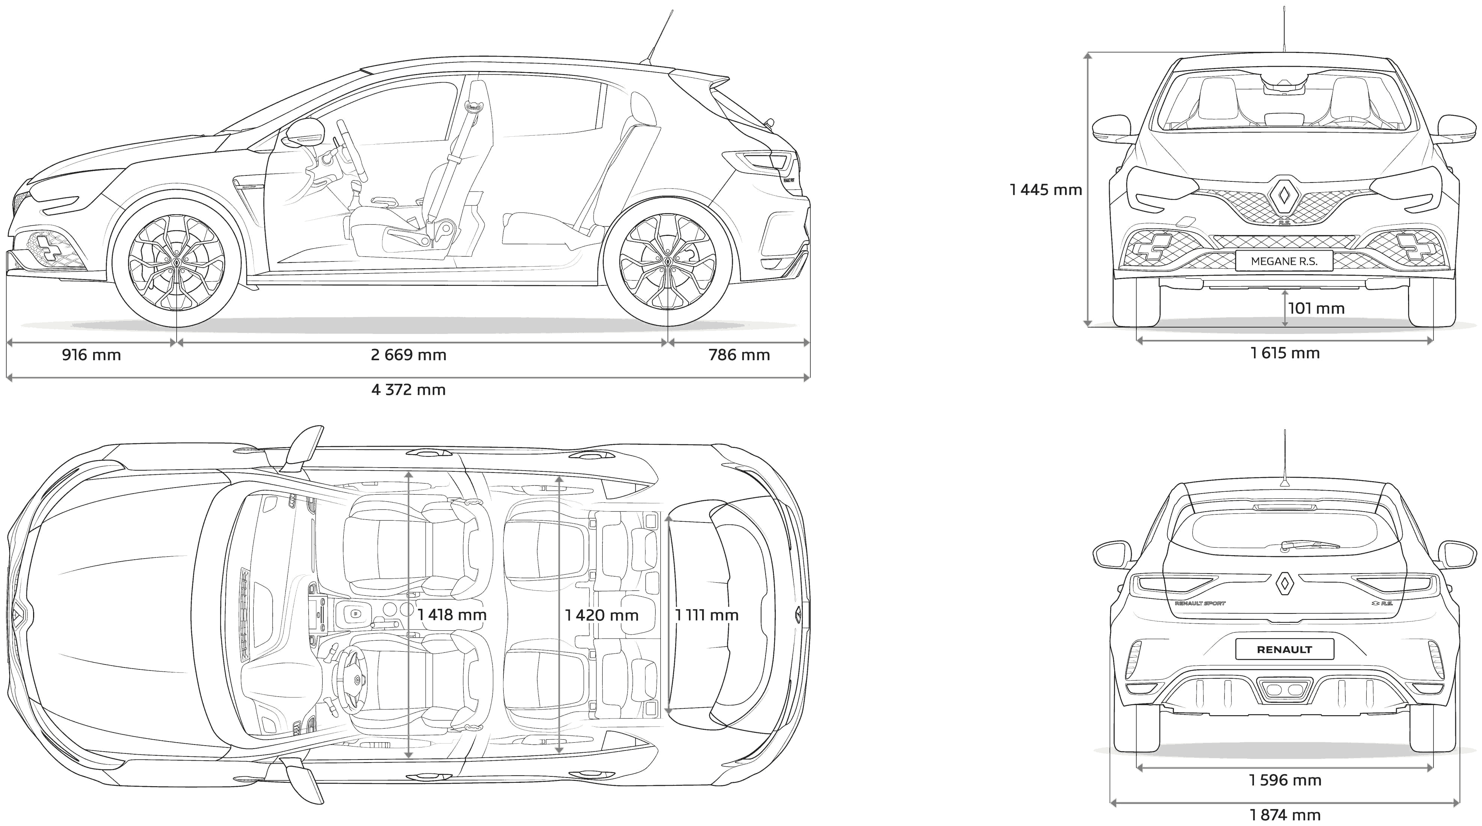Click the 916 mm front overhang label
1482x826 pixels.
click(91, 355)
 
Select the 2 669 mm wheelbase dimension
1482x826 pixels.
click(408, 355)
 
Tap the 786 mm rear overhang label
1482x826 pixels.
click(739, 355)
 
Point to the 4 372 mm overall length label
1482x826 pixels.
click(408, 390)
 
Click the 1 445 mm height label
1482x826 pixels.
click(1046, 189)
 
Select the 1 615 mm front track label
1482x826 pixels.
click(1285, 353)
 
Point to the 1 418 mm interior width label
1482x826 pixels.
click(452, 615)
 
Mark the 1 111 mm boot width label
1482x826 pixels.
click(707, 615)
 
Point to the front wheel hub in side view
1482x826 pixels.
click(176, 261)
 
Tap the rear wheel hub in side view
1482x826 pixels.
click(667, 261)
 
